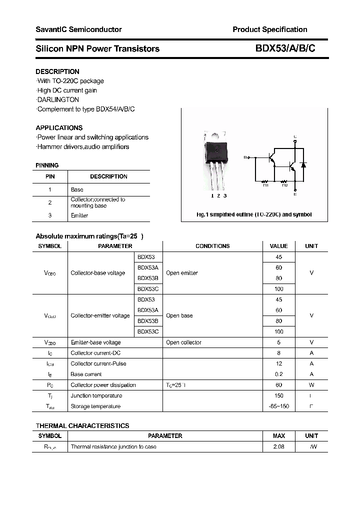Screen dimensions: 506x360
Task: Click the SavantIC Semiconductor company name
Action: pyautogui.click(x=78, y=29)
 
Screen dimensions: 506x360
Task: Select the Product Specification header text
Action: pyautogui.click(x=269, y=29)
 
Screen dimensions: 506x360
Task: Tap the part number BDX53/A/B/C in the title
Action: pyautogui.click(x=285, y=48)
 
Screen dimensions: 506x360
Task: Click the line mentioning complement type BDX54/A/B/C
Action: pyautogui.click(x=85, y=109)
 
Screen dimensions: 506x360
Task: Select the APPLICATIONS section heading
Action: pyautogui.click(x=59, y=127)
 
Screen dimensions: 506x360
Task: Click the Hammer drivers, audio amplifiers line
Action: pyautogui.click(x=82, y=146)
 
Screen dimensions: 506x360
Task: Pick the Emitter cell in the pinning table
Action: pyautogui.click(x=79, y=215)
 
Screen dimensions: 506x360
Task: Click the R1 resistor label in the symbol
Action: pyautogui.click(x=265, y=185)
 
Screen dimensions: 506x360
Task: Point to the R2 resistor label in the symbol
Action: pyautogui.click(x=284, y=185)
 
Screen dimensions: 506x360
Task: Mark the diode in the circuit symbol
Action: pyautogui.click(x=302, y=164)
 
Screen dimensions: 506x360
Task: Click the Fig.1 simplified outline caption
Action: pyautogui.click(x=253, y=214)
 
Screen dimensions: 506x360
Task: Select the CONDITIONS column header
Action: pyautogui.click(x=212, y=246)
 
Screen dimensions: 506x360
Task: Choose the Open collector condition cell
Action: pyautogui.click(x=183, y=342)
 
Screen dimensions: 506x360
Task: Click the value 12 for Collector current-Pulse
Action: pyautogui.click(x=278, y=363)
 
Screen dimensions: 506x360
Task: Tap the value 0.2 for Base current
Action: pyautogui.click(x=278, y=374)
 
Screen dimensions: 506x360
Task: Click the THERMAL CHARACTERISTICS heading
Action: pyautogui.click(x=82, y=425)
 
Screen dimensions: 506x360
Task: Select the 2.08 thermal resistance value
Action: pyautogui.click(x=278, y=446)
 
